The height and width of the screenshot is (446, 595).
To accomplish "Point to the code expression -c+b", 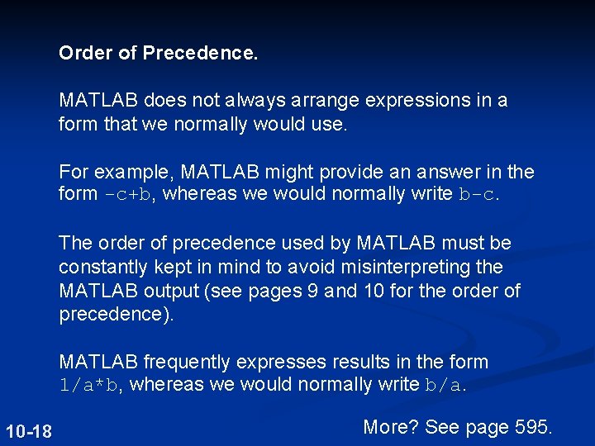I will [126, 195].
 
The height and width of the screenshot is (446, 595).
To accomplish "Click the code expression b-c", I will [478, 195].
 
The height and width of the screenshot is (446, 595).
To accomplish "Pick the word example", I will [136, 172].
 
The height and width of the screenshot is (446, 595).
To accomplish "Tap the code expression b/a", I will [445, 385].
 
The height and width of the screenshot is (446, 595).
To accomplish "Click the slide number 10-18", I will [29, 431].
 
